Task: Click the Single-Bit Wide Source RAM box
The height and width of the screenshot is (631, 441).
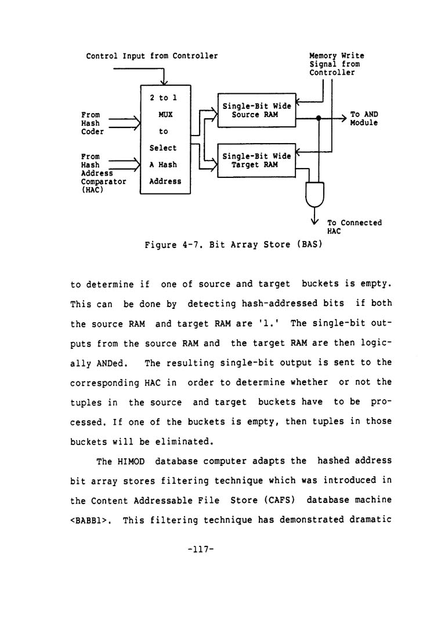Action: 256,110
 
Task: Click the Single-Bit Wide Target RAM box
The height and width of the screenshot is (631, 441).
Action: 256,160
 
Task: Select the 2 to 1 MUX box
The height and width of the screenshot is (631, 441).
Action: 166,140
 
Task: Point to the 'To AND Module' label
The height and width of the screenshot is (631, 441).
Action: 364,119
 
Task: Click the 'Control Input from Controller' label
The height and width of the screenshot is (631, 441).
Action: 152,56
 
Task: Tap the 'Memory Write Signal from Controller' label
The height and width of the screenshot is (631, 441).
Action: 337,64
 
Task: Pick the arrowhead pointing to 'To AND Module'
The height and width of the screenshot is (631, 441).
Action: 343,118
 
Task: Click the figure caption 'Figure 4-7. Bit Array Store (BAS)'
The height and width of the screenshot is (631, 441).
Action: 233,245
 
